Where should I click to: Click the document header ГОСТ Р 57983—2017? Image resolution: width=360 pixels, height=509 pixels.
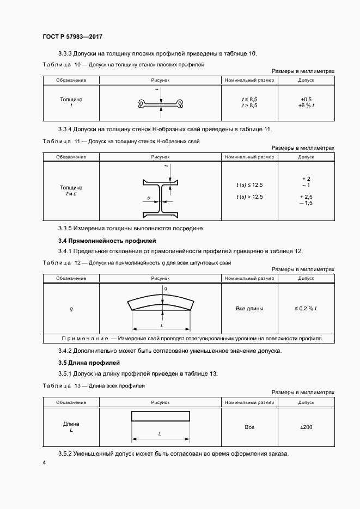tap(72, 36)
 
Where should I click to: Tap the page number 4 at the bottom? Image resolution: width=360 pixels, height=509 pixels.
tap(44, 463)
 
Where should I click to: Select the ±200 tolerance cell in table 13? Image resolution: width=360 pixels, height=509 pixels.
tap(306, 427)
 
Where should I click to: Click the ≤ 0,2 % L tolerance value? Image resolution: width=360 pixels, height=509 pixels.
tap(306, 309)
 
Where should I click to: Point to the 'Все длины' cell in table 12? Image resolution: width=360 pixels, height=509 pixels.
tap(249, 309)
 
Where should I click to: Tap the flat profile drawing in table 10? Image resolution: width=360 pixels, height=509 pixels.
tap(161, 103)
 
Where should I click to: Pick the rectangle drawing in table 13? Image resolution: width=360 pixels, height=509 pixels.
tap(161, 416)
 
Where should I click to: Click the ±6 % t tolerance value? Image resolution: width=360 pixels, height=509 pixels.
tap(306, 106)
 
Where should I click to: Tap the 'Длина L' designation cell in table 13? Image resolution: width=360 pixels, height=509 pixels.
tap(71, 427)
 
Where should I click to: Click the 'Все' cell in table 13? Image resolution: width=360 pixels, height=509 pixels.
tap(249, 427)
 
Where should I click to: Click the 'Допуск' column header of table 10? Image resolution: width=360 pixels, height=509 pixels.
tap(306, 81)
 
